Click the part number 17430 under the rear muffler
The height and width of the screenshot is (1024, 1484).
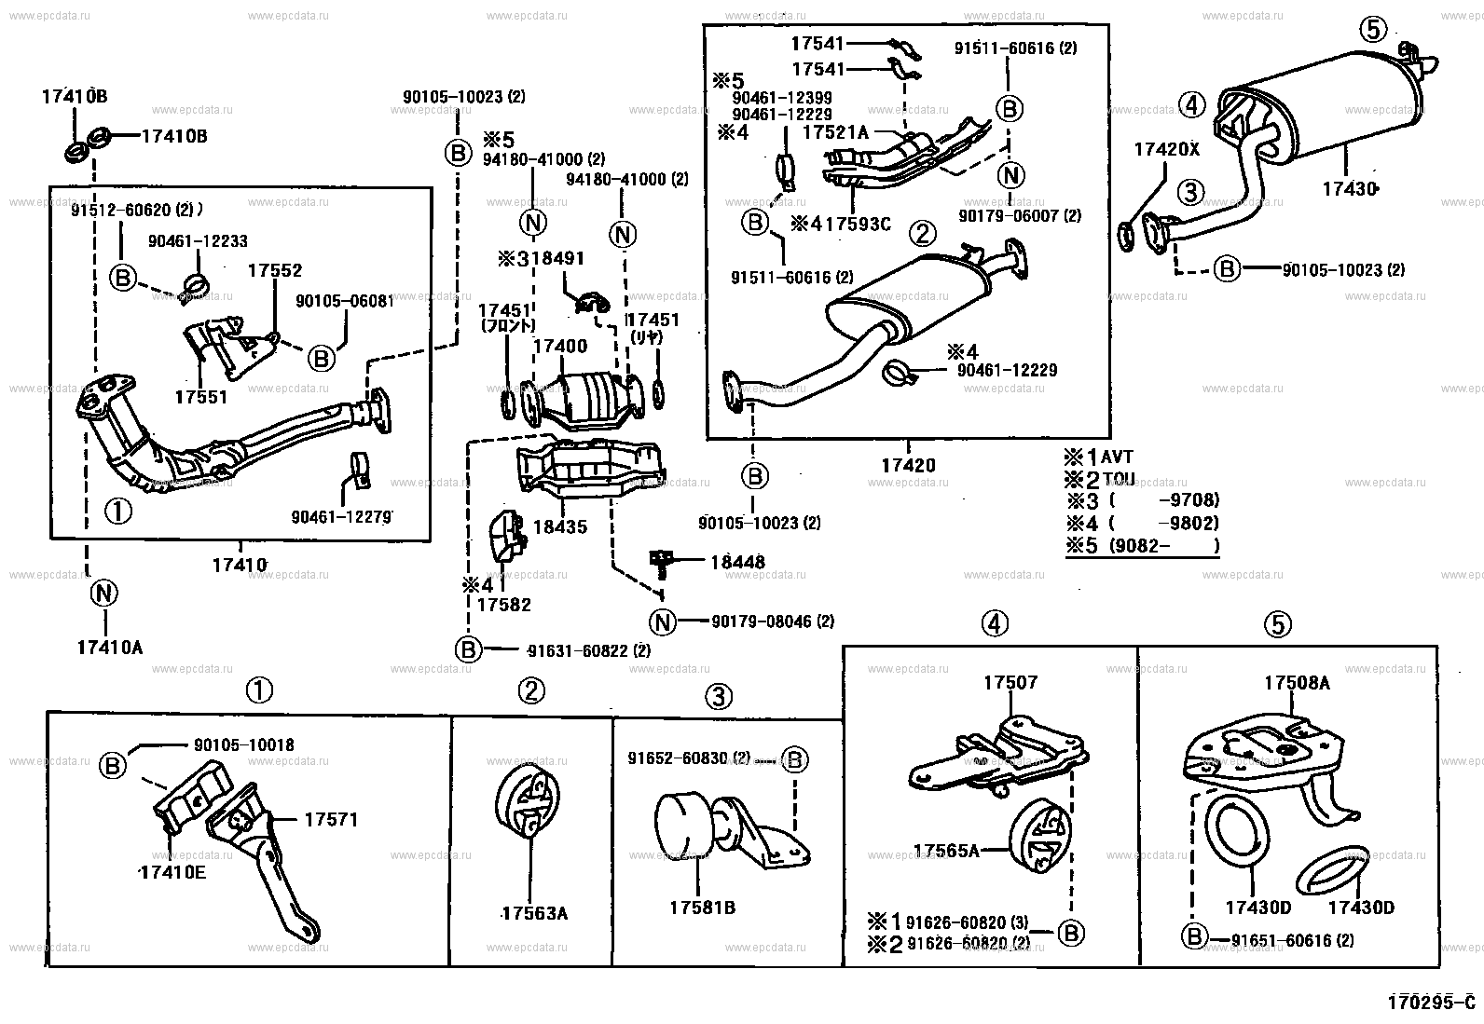click(x=1348, y=188)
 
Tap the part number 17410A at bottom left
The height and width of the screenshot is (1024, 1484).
click(x=109, y=647)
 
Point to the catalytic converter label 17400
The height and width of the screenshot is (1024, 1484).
click(x=559, y=347)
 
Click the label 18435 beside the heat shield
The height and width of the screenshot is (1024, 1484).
click(x=559, y=526)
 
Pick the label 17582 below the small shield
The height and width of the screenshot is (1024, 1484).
click(x=503, y=605)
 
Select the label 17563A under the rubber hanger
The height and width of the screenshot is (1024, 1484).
click(x=534, y=913)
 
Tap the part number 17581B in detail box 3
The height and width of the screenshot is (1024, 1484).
click(x=702, y=907)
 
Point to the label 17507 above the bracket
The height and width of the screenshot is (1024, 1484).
click(x=1010, y=683)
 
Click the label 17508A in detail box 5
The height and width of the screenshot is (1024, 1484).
click(x=1297, y=683)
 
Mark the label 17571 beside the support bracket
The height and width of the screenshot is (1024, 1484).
click(x=330, y=820)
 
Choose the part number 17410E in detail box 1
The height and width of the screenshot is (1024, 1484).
click(x=172, y=872)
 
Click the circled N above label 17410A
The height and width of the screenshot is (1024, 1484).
click(x=103, y=593)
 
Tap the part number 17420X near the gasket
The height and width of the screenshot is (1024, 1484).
click(x=1166, y=148)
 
